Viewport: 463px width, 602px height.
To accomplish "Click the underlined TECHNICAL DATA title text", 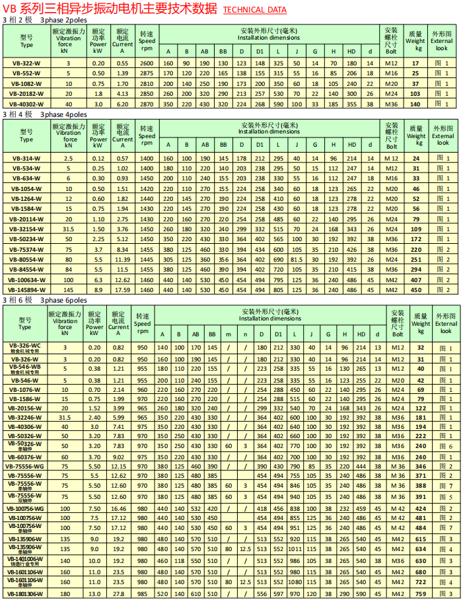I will click(254, 10).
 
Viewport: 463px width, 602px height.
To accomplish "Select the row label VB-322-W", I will click(26, 63).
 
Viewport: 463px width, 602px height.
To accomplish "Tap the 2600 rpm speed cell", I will click(147, 63).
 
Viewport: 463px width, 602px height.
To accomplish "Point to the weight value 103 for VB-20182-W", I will click(416, 94).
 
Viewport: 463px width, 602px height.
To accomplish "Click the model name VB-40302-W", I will click(26, 104).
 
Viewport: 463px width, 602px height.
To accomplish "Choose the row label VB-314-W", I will click(26, 159).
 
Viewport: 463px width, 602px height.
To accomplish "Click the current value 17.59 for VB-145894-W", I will click(122, 289).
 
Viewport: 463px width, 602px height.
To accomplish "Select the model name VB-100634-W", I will click(26, 280).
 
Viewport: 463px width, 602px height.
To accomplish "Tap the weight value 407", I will click(416, 280).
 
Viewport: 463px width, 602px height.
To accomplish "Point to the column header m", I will click(228, 334).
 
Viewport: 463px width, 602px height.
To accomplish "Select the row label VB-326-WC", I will click(25, 346).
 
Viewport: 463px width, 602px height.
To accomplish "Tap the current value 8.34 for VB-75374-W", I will click(122, 250).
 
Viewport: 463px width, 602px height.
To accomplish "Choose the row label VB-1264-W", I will click(26, 198).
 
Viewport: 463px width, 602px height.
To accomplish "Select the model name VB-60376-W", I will click(25, 457).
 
